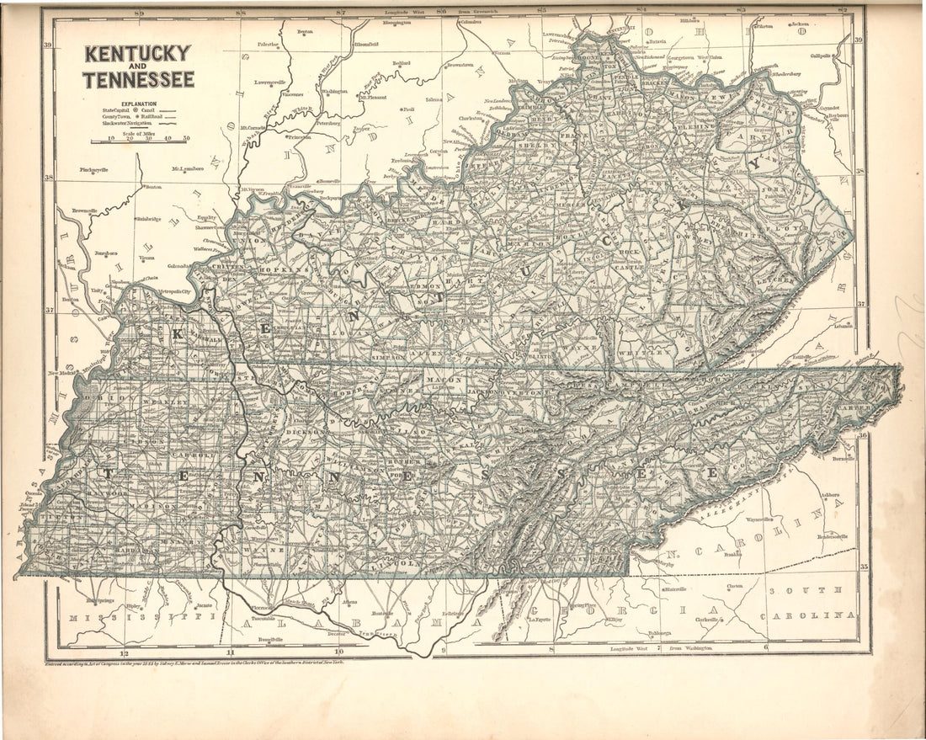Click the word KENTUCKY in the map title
click(137, 55)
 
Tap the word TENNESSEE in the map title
click(138, 80)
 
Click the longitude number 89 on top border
click(140, 13)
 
